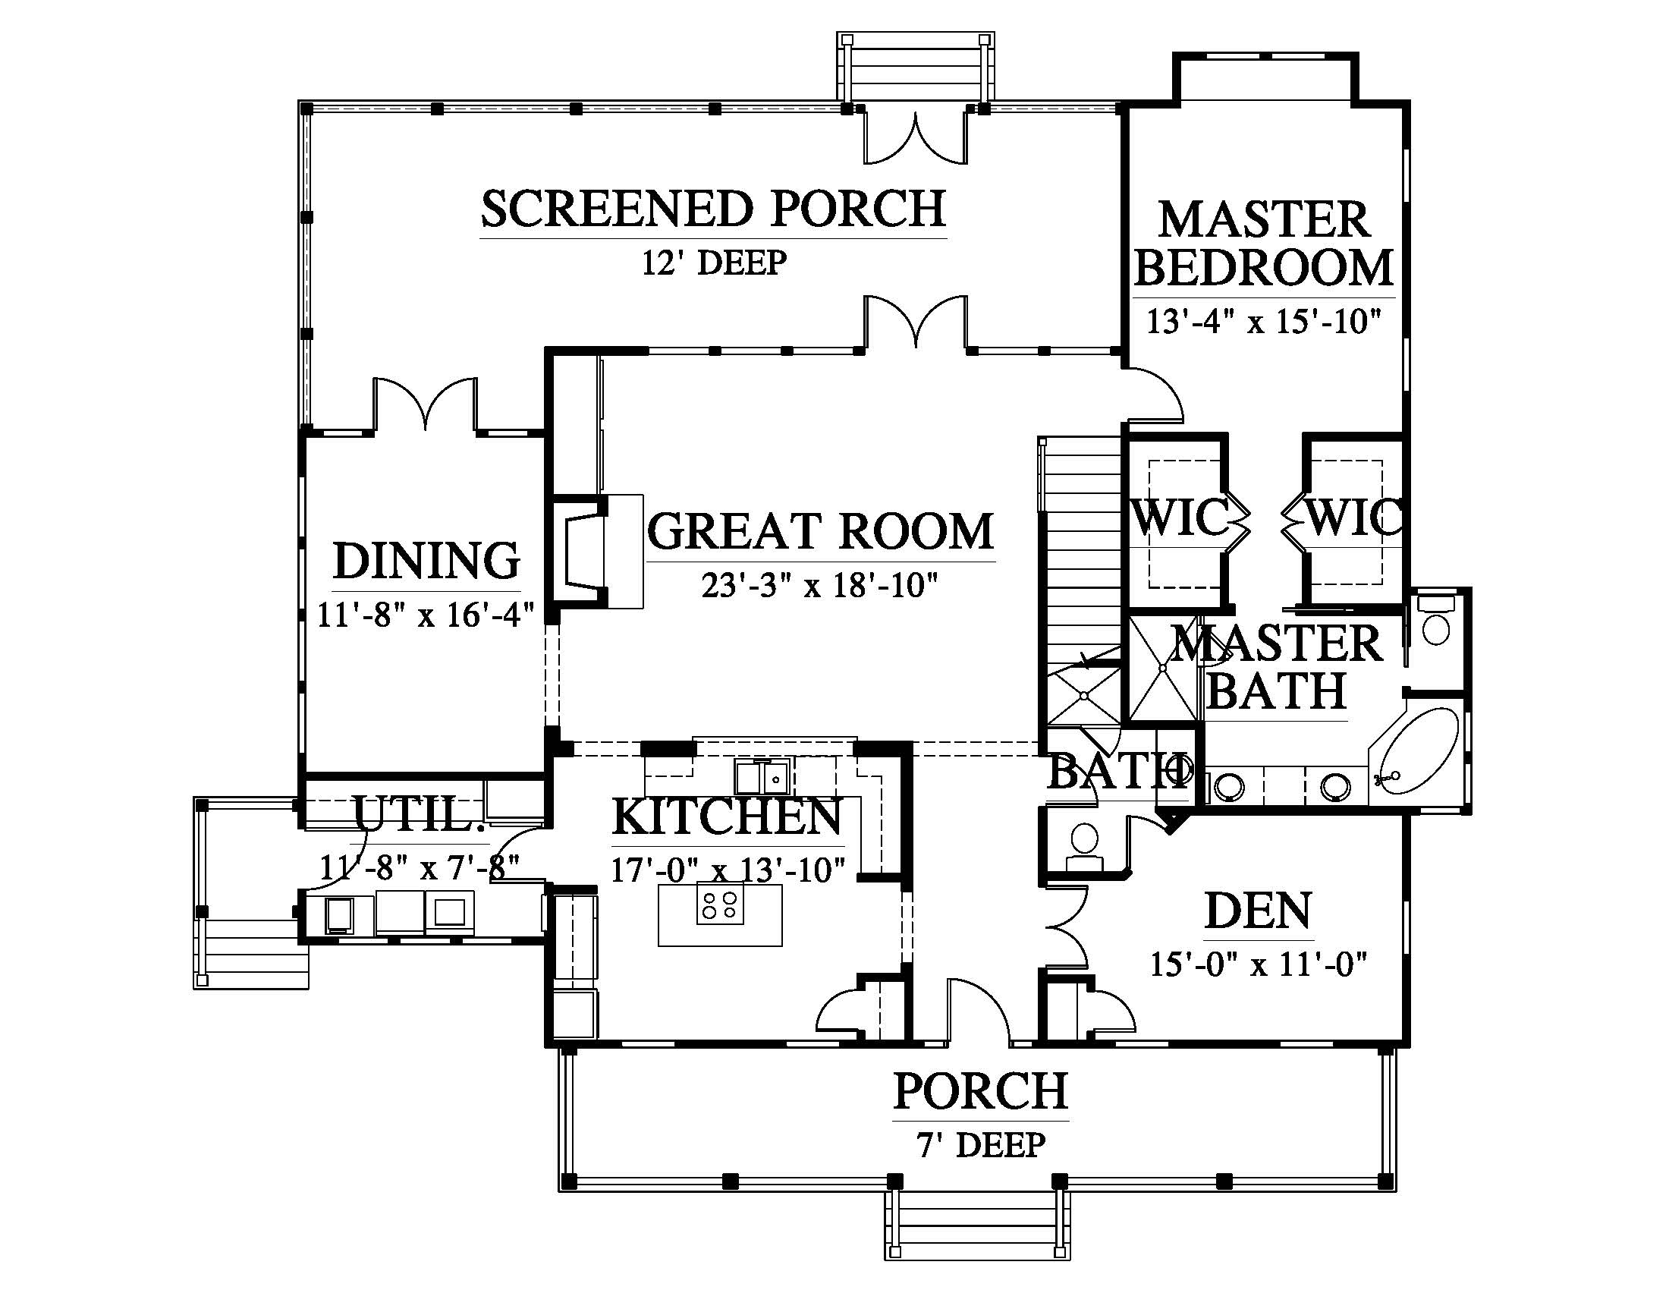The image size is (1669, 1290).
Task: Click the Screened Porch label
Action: click(x=713, y=209)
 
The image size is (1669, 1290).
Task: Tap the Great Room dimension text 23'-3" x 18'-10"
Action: click(x=819, y=586)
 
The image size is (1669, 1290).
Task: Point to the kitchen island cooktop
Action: click(x=720, y=903)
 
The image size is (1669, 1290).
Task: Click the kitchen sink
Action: click(x=764, y=776)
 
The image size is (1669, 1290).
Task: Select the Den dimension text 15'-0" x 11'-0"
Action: click(x=1259, y=964)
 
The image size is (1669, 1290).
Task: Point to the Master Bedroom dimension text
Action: click(x=1265, y=321)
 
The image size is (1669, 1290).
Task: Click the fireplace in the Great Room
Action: click(x=596, y=550)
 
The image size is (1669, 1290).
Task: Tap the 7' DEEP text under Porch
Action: click(x=981, y=1145)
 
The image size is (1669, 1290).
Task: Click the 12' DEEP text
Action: click(x=714, y=263)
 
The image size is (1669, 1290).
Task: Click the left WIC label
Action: click(x=1180, y=518)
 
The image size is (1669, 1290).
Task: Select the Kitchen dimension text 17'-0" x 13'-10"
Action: click(x=728, y=870)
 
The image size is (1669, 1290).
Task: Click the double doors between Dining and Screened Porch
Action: click(x=425, y=405)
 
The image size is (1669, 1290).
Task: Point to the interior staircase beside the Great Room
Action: click(x=1080, y=580)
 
